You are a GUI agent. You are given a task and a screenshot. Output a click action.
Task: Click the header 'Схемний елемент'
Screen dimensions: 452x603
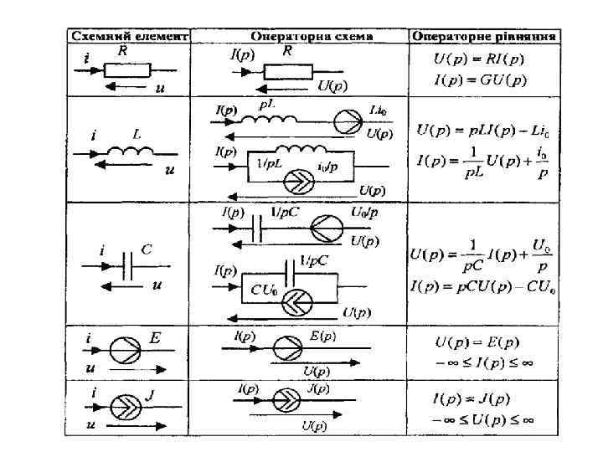point(128,36)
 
